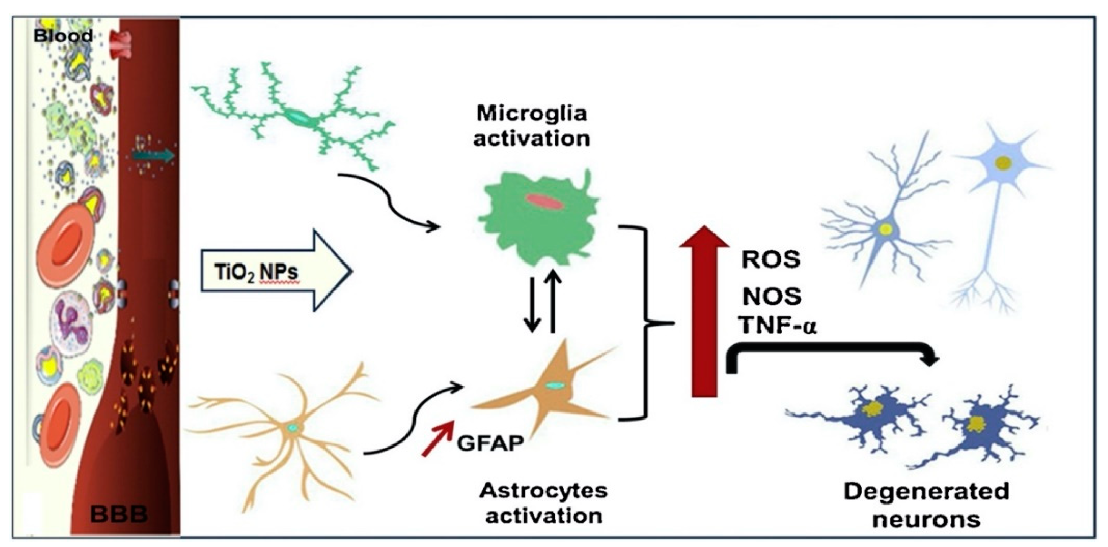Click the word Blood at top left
point(63,36)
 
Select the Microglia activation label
point(532,127)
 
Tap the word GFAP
point(490,443)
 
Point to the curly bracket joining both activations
point(645,322)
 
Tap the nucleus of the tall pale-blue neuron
point(1003,163)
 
